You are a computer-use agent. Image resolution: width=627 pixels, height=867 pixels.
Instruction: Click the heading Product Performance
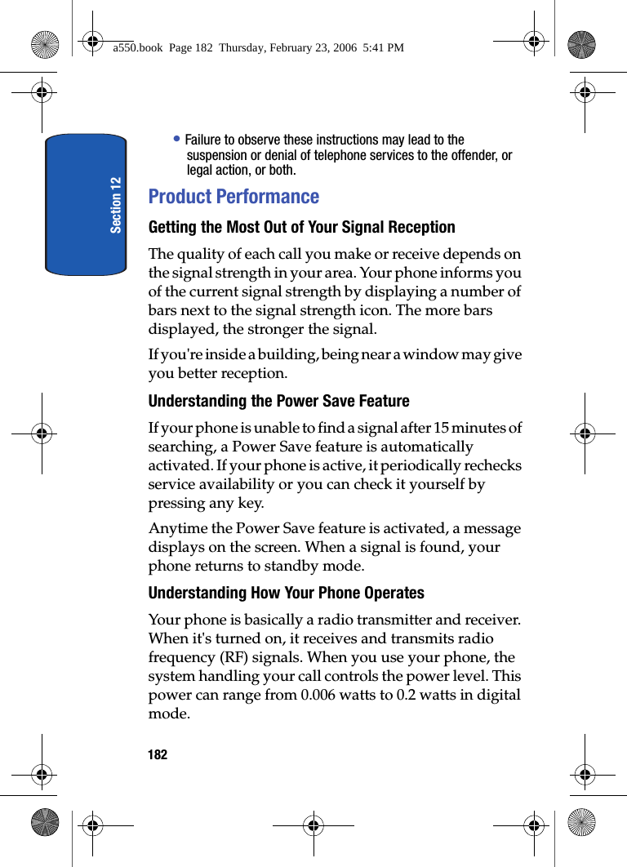pyautogui.click(x=233, y=197)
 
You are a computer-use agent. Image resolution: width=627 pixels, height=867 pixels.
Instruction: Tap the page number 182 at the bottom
pyautogui.click(x=158, y=754)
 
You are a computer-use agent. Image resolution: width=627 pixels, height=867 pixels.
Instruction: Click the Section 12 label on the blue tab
pyautogui.click(x=116, y=204)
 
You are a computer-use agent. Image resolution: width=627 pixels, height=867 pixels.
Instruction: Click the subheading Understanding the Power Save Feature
pyautogui.click(x=278, y=401)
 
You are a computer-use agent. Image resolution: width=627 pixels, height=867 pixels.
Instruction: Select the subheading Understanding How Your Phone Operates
pyautogui.click(x=286, y=593)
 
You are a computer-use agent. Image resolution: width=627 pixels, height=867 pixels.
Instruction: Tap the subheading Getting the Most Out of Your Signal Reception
pyautogui.click(x=301, y=227)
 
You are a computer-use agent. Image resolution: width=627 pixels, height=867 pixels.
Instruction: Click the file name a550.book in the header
pyautogui.click(x=138, y=48)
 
